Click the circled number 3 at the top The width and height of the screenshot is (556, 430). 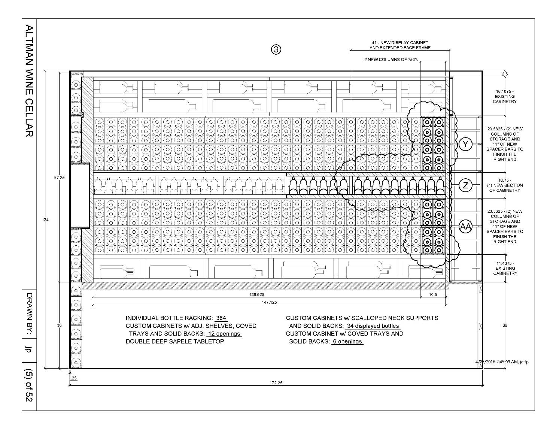pos(276,50)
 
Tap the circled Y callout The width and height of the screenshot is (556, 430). pos(465,145)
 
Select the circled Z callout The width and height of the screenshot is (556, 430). pos(465,185)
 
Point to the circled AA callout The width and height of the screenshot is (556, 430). pos(465,226)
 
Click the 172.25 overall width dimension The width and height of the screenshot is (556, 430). pos(276,383)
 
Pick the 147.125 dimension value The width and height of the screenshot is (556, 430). pos(269,302)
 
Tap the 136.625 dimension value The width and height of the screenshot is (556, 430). pos(256,295)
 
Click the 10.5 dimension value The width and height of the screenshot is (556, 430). pos(433,295)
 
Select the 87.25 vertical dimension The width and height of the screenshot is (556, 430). pos(59,178)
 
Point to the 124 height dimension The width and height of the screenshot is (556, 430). pos(45,219)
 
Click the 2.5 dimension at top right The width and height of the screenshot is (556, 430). pos(505,74)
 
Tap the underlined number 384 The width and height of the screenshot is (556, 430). pos(221,318)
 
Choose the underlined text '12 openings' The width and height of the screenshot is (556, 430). pos(224,334)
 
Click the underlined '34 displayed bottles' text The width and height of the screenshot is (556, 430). pos(373,326)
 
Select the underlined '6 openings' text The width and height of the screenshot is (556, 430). pos(347,342)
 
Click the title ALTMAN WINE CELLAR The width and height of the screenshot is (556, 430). pos(30,81)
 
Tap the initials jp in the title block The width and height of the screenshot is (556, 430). pos(29,349)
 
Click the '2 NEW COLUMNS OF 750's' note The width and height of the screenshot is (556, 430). pos(391,60)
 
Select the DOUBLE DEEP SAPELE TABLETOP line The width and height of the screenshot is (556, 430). pos(175,342)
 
